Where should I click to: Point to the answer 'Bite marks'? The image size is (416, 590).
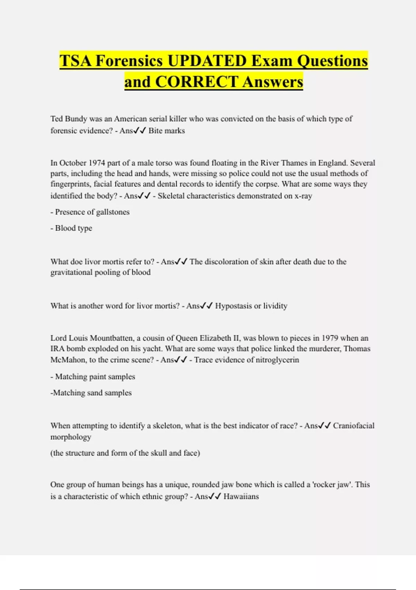(x=166, y=131)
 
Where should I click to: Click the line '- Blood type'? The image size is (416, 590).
(x=71, y=228)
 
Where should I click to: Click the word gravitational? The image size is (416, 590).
(x=71, y=272)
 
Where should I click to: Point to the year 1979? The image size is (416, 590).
(x=330, y=338)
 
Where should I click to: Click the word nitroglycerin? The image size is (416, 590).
(x=277, y=360)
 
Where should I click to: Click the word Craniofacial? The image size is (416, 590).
(x=354, y=426)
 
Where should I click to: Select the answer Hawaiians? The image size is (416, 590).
(x=241, y=497)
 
